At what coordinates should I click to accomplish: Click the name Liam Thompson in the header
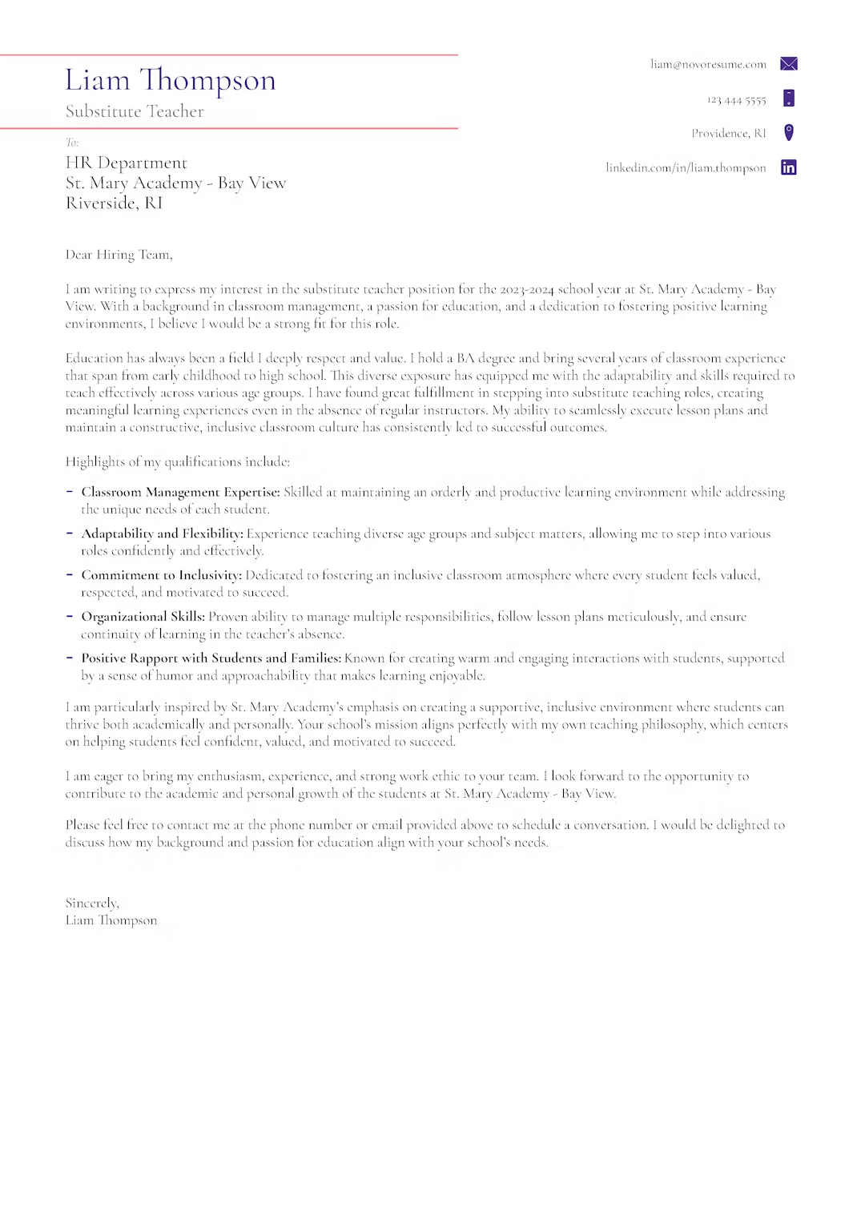171,81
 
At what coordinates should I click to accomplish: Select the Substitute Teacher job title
135,111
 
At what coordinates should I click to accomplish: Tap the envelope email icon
788,64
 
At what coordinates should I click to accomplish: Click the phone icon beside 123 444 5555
788,99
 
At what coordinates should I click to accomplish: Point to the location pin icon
788,133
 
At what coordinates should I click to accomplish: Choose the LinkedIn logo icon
788,167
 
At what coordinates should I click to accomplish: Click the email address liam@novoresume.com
708,64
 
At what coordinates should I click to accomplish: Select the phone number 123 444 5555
736,100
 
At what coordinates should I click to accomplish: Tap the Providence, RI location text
728,133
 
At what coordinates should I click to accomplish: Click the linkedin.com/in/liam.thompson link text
686,167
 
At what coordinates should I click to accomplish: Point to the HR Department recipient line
127,163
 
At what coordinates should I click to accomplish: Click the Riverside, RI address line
114,203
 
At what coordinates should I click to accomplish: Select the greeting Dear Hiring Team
119,255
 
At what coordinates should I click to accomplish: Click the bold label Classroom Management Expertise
180,492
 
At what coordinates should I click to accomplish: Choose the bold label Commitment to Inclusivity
161,575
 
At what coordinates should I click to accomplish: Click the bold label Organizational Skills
143,617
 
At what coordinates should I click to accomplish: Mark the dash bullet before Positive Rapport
70,658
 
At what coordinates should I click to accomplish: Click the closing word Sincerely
92,903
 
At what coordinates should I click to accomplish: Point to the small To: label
72,143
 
